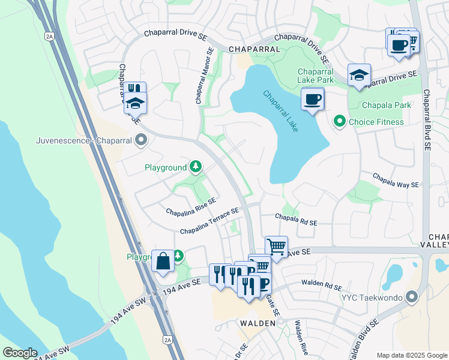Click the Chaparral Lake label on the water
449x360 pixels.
[280, 112]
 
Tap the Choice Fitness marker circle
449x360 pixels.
[340, 122]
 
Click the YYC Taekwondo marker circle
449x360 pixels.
[411, 296]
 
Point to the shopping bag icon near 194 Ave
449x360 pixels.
[163, 261]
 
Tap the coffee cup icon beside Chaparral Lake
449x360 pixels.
[312, 99]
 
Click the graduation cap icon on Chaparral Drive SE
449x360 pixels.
[359, 75]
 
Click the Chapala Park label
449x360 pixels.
[387, 105]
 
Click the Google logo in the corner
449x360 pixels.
[20, 353]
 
